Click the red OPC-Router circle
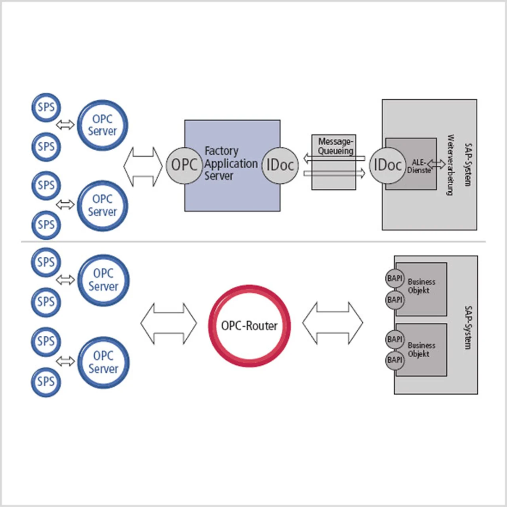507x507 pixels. [250, 326]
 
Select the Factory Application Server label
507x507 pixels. [231, 163]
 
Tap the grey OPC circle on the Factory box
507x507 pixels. [184, 165]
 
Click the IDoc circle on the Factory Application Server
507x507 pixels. [280, 165]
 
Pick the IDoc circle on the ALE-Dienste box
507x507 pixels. [387, 165]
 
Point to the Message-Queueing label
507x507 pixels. [335, 146]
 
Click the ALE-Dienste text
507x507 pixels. [419, 166]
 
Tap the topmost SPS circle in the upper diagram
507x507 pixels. [46, 107]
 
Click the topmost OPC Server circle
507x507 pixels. [102, 125]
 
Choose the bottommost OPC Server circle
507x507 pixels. [103, 362]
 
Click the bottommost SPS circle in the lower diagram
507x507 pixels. [46, 382]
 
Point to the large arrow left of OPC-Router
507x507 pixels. [169, 323]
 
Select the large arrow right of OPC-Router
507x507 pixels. [333, 323]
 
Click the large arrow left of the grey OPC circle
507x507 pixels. [143, 167]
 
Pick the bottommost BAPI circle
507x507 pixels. [395, 360]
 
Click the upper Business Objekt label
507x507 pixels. [421, 286]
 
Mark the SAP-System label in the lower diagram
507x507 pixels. [467, 328]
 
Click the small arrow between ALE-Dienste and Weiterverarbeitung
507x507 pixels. [436, 164]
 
